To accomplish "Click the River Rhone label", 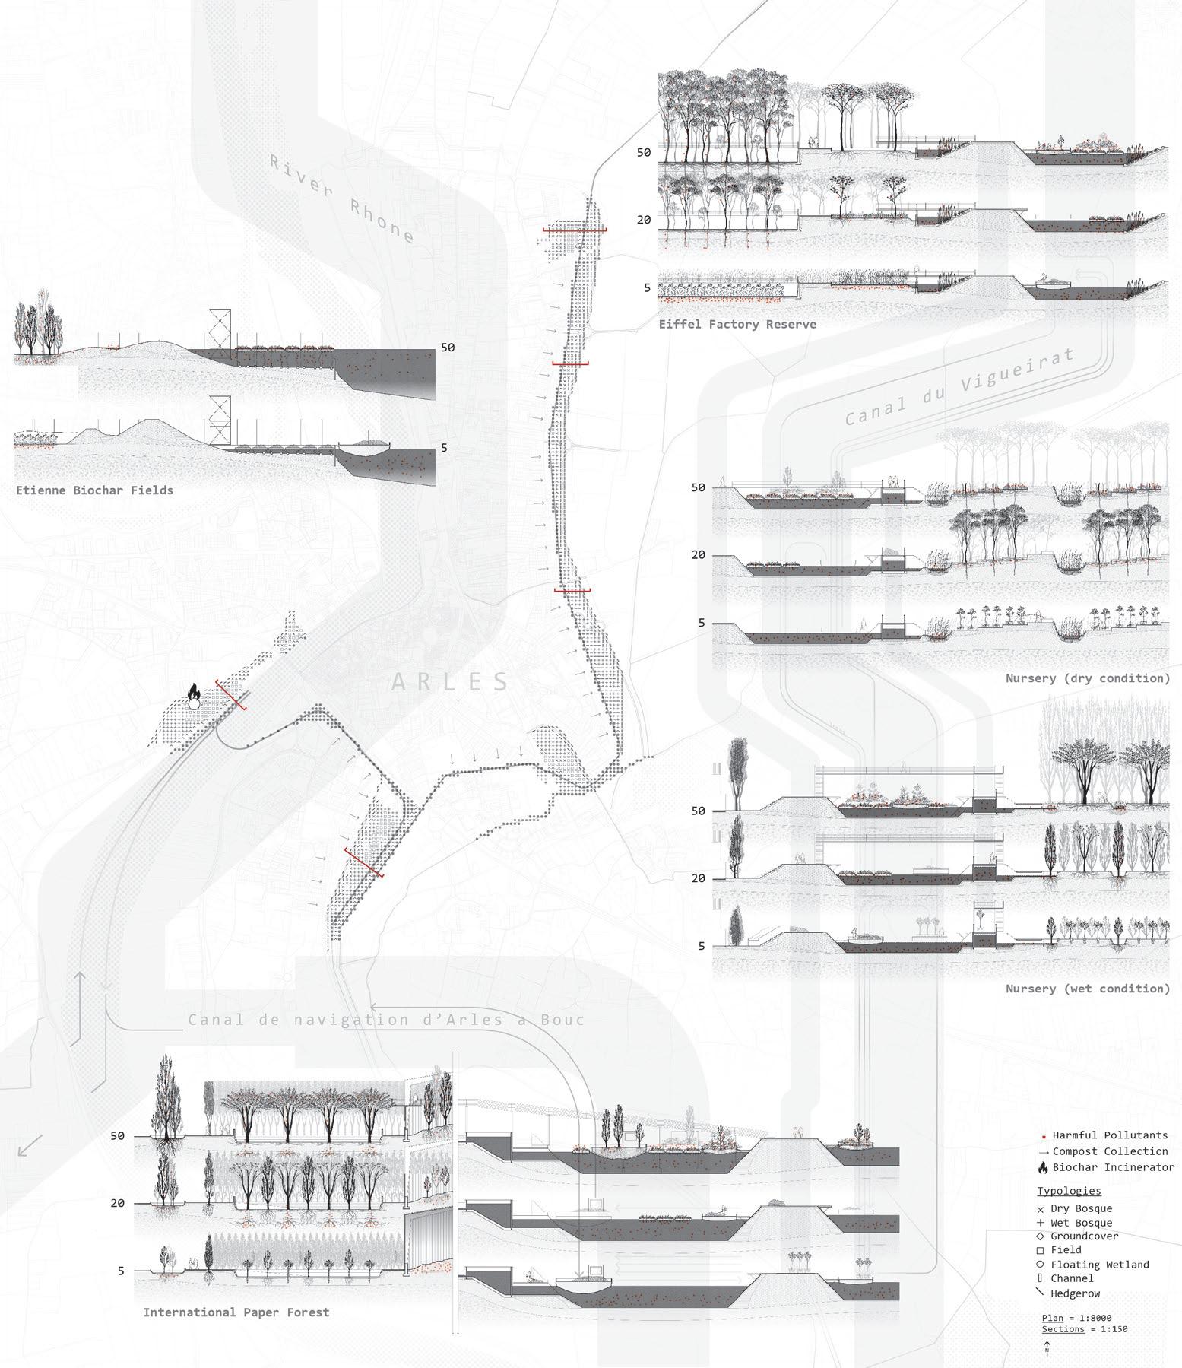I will (x=341, y=199).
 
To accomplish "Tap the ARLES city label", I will (x=451, y=681).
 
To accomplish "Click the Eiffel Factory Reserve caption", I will (x=737, y=324).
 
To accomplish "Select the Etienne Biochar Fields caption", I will (x=94, y=490).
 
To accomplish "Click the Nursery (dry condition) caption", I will (x=1087, y=678).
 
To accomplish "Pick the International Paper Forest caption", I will (x=236, y=1312).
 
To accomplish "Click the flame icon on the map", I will (x=194, y=692).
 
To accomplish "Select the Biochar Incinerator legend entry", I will (x=1112, y=1167).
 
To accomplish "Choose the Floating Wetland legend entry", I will (x=1099, y=1265).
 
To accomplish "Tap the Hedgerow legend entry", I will (x=1075, y=1293).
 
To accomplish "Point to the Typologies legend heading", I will (x=1069, y=1191).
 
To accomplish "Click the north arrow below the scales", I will (x=1047, y=1347).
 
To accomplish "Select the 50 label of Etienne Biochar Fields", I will (x=448, y=348).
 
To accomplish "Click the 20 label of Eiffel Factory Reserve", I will (x=644, y=220).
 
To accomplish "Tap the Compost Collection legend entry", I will (x=1109, y=1151).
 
